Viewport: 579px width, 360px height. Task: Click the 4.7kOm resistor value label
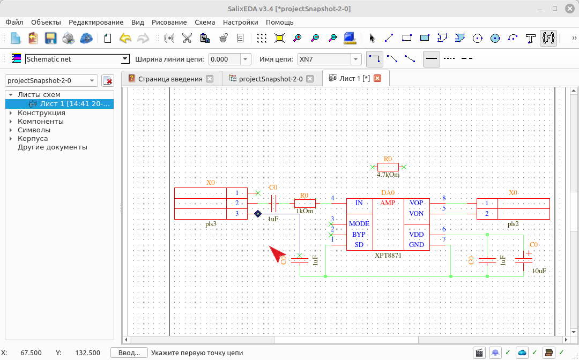388,175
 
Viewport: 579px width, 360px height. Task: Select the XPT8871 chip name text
388,255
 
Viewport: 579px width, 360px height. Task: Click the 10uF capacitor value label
539,271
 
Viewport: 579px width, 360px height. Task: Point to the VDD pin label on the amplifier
416,235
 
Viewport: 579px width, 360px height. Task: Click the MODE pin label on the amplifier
359,224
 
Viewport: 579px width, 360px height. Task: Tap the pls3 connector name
211,224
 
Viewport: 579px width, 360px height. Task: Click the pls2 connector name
513,224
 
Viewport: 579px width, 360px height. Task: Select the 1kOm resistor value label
305,212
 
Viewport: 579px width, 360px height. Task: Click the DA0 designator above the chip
388,192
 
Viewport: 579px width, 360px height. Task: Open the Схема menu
205,22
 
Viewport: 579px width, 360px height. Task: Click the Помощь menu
279,22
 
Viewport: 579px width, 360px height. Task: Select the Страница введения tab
170,79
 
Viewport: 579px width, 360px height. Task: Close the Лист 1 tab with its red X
377,78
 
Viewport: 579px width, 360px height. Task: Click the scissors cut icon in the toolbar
187,38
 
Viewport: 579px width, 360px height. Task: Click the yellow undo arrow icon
125,38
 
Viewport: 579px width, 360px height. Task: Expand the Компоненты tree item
11,122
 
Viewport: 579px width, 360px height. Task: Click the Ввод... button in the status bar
129,352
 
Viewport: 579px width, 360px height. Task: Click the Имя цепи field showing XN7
324,59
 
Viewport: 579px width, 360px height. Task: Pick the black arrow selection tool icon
372,38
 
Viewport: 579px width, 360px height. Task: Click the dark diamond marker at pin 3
258,214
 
